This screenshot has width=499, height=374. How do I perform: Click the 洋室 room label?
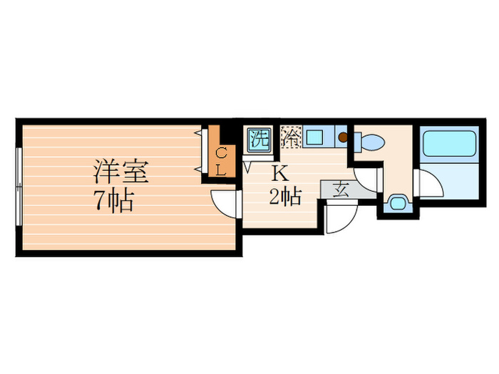click(x=120, y=173)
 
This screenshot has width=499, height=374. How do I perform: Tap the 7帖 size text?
click(x=115, y=202)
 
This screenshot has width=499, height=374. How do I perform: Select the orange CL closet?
click(x=221, y=160)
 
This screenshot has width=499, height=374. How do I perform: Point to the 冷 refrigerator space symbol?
click(x=291, y=137)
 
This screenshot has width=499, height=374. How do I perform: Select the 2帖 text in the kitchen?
click(x=284, y=196)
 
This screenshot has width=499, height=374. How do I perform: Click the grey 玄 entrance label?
click(x=340, y=190)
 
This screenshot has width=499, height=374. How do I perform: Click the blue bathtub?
click(x=448, y=145)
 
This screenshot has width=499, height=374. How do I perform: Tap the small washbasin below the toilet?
click(x=396, y=202)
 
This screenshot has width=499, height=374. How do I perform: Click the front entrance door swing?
click(x=341, y=217)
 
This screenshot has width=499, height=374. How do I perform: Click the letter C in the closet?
click(x=221, y=152)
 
